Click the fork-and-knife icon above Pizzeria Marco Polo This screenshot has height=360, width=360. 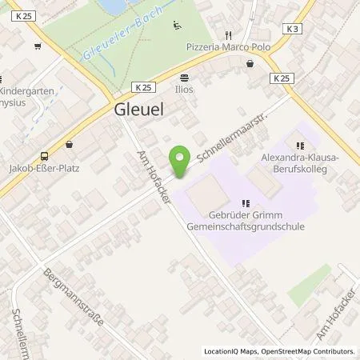(228, 35)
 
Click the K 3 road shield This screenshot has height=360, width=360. (294, 30)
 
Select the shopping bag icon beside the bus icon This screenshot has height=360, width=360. (70, 145)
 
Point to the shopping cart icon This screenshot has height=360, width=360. (38, 46)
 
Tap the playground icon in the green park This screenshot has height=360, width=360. (176, 23)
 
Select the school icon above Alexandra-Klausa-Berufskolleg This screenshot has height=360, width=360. (300, 146)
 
